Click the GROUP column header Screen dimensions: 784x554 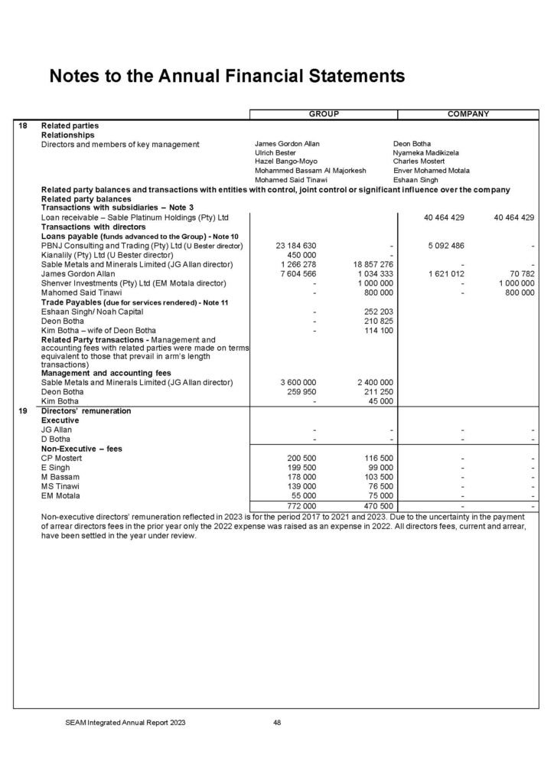tap(324, 114)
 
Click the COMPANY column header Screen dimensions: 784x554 tap(469, 114)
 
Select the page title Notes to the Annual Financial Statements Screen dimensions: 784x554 tap(226, 76)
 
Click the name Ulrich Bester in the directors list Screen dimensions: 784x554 tap(276, 153)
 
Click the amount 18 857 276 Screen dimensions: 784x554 tap(370, 264)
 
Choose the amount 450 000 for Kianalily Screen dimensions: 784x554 tap(301, 255)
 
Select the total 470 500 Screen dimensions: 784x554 tap(375, 505)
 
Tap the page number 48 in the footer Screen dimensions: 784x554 tap(277, 721)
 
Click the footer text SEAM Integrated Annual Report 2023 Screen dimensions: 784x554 tap(124, 721)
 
